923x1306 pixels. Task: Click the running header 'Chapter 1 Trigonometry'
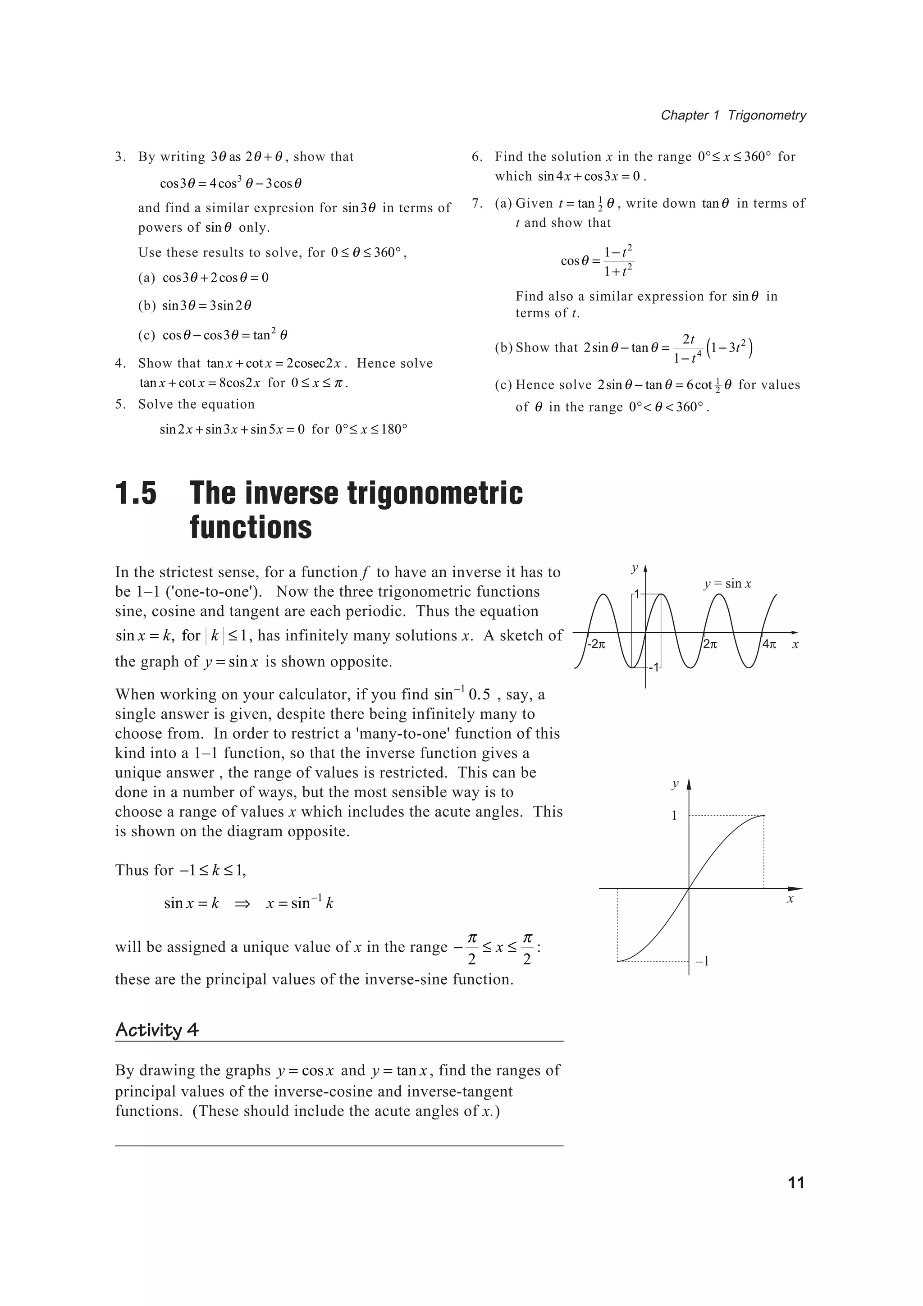733,115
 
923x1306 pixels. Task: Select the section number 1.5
136,493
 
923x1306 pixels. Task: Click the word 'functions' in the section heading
251,527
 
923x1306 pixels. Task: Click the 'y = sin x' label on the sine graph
727,584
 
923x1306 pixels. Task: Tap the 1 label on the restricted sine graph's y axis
675,816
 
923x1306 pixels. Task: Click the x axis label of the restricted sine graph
790,900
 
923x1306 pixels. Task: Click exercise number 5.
119,404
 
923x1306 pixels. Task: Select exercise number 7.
477,204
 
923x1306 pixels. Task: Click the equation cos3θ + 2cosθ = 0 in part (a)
215,278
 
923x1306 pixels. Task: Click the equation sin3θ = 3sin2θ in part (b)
206,306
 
